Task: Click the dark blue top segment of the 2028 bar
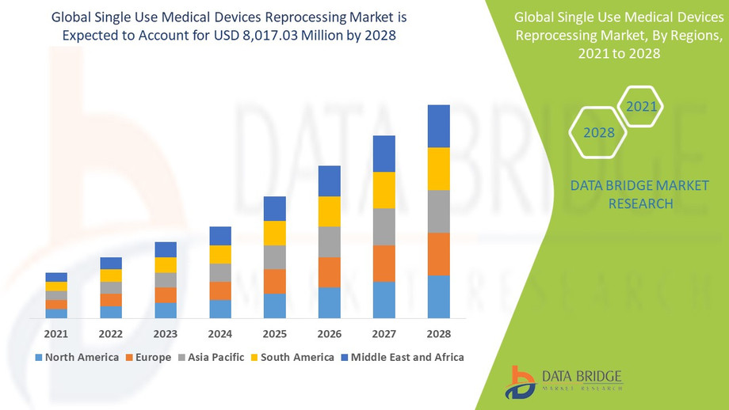[438, 126]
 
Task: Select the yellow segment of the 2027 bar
[384, 190]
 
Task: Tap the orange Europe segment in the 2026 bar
[330, 272]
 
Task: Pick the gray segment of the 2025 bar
[275, 257]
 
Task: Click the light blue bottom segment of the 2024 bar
[220, 309]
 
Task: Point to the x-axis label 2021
[56, 333]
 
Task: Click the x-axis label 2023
[166, 333]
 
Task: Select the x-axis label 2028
[438, 333]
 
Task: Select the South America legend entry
[292, 357]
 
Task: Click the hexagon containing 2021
[640, 106]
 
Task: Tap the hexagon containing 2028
[599, 132]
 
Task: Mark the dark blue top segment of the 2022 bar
[111, 263]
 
